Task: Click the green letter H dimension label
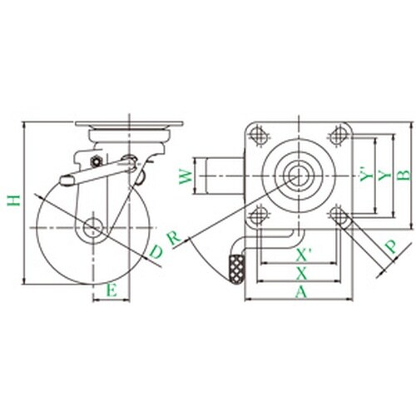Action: pyautogui.click(x=14, y=201)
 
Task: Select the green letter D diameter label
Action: pyautogui.click(x=156, y=251)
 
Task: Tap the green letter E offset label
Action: pyautogui.click(x=111, y=290)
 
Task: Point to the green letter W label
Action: pyautogui.click(x=186, y=176)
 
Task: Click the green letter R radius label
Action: pyautogui.click(x=174, y=238)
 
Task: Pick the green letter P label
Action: pyautogui.click(x=391, y=246)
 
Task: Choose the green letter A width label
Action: pyautogui.click(x=301, y=292)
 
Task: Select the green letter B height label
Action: pyautogui.click(x=404, y=175)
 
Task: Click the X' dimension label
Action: pyautogui.click(x=304, y=255)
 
